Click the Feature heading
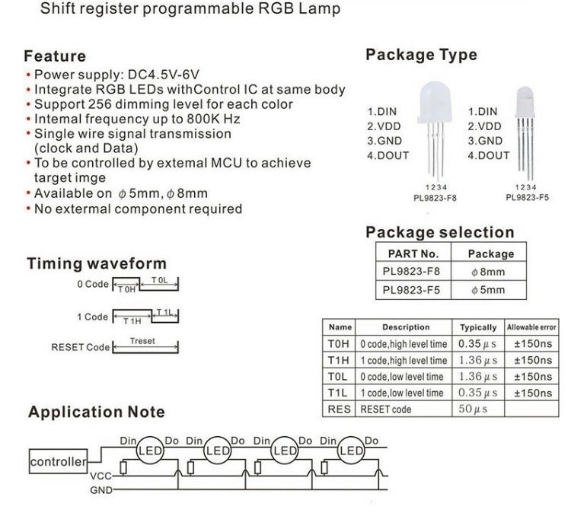click(55, 56)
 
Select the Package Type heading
click(421, 55)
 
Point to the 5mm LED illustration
click(525, 122)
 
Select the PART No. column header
click(413, 253)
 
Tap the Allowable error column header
click(531, 327)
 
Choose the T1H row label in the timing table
click(339, 360)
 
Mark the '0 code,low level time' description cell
click(404, 377)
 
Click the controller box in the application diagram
click(58, 462)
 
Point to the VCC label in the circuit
click(101, 476)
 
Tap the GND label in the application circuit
click(101, 490)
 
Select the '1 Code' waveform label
click(92, 317)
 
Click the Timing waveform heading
click(97, 264)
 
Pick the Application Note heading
click(96, 412)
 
